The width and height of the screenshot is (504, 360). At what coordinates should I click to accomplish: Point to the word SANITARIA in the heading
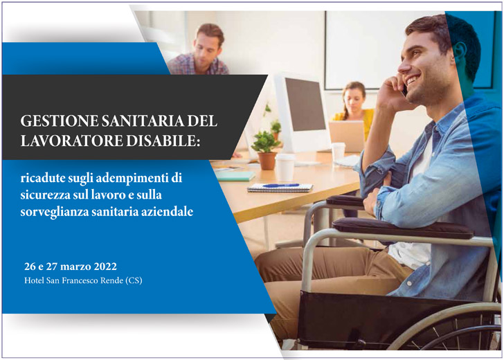136,120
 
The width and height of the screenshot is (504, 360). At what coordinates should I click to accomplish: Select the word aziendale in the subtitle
169,210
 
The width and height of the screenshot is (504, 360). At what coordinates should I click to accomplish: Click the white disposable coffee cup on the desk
285,167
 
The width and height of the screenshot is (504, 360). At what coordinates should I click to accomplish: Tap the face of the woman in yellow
354,98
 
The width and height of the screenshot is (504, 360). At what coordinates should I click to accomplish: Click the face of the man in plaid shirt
208,47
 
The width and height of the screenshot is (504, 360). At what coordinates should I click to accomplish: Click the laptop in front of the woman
345,134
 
